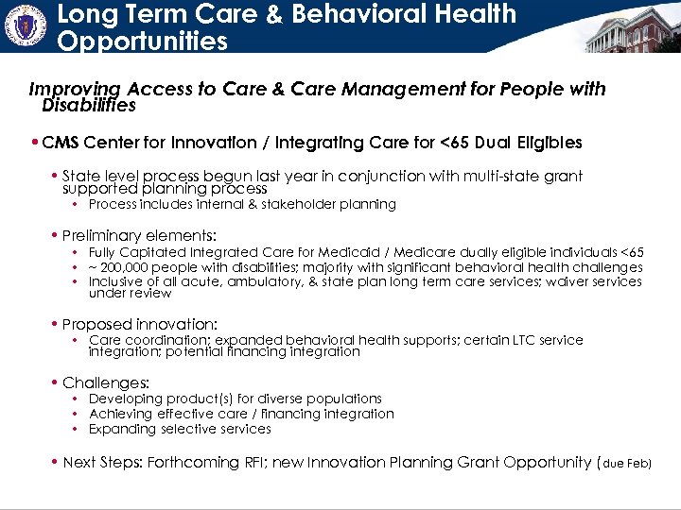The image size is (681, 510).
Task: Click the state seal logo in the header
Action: (26, 25)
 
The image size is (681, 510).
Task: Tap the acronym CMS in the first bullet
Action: (61, 143)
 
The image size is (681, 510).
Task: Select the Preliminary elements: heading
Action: (139, 234)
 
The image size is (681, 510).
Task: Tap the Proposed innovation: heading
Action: (140, 323)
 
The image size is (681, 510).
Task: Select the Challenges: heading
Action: (106, 382)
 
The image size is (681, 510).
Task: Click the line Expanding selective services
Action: (180, 429)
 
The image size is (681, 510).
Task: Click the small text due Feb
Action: (626, 463)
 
